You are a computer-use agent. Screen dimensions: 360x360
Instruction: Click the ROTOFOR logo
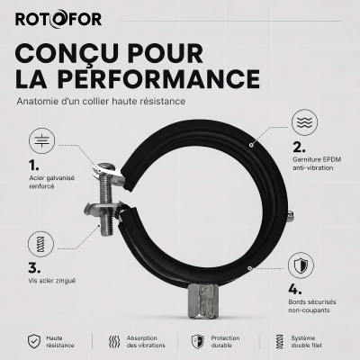click(58, 19)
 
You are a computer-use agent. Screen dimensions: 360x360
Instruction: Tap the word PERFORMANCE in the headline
click(158, 78)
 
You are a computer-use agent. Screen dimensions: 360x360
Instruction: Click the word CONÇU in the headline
click(67, 54)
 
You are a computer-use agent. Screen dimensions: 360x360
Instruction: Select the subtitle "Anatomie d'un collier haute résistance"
click(101, 102)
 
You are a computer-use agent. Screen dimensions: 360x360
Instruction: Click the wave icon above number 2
click(304, 122)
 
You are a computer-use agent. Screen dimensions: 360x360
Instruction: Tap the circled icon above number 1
click(42, 140)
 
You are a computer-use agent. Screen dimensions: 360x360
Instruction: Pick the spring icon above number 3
click(40, 244)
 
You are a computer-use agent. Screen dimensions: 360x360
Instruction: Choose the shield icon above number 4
click(301, 265)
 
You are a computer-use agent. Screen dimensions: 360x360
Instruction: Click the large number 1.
click(33, 165)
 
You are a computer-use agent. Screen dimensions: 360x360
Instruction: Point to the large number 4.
click(295, 289)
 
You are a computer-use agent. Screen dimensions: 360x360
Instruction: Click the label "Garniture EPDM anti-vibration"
click(317, 164)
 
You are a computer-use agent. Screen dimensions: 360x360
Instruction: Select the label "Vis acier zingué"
click(52, 281)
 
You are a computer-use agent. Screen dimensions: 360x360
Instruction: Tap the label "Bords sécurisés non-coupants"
click(312, 306)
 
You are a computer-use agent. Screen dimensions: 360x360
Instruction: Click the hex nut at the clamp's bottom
click(202, 301)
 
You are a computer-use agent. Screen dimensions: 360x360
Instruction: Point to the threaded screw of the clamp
click(105, 200)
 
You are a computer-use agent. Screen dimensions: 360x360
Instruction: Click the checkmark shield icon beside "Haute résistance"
click(34, 341)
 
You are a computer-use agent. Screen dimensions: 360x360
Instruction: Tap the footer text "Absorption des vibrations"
click(146, 342)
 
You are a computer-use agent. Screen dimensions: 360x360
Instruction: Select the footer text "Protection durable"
click(225, 342)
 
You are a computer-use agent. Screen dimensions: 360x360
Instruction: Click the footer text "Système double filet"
click(306, 342)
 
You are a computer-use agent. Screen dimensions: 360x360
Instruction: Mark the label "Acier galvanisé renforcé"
click(51, 182)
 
